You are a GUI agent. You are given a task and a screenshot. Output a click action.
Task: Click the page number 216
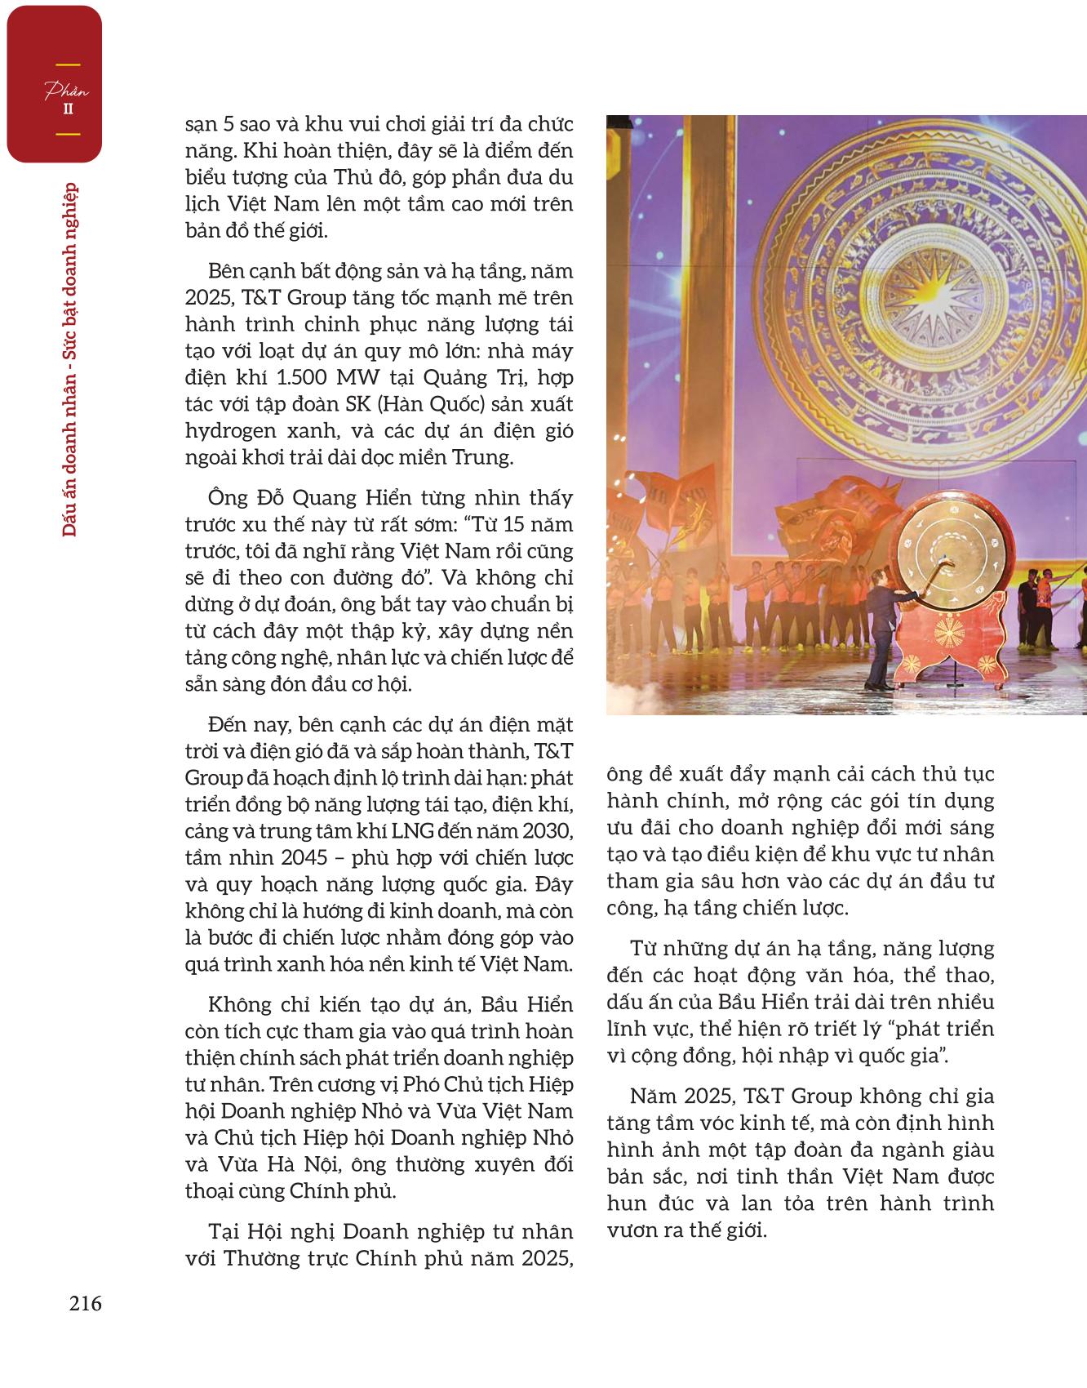click(x=86, y=1304)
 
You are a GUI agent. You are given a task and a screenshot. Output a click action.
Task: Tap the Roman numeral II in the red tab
click(x=68, y=109)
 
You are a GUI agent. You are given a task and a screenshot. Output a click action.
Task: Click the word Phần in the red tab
click(x=66, y=91)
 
